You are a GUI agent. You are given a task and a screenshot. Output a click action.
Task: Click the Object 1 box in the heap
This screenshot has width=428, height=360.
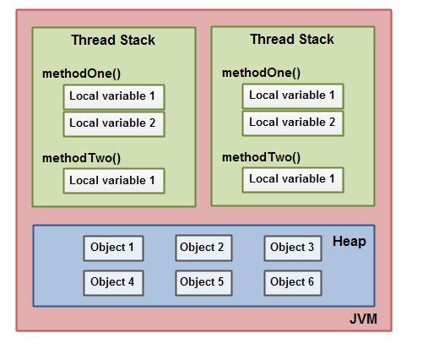coord(113,248)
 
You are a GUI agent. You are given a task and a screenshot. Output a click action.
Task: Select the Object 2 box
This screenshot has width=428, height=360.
coord(203,248)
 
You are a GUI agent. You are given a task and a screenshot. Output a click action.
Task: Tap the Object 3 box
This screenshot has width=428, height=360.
coord(293,248)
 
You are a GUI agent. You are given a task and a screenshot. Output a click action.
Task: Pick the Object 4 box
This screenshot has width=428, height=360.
coord(113,282)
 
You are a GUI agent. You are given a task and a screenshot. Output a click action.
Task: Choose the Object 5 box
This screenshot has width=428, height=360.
coord(203,282)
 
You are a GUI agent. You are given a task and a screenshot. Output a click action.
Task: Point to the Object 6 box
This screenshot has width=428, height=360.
coord(293,282)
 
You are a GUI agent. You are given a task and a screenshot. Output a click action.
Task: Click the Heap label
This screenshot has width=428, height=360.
coord(349,242)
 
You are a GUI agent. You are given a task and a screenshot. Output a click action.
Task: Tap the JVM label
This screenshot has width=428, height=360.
coord(363,319)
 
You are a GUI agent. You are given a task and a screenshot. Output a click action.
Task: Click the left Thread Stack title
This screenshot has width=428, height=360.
coord(113,41)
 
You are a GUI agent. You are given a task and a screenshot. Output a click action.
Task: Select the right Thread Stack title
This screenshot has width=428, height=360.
coord(292,40)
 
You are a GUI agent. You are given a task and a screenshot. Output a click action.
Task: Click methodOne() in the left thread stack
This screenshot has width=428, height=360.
coord(82,74)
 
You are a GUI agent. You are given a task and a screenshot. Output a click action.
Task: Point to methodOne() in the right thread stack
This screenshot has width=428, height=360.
coord(261,73)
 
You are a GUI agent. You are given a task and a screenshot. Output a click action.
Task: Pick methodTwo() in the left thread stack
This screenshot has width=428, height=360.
coord(82,157)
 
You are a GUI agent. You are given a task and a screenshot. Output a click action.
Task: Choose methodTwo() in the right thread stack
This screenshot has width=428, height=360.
coord(261,156)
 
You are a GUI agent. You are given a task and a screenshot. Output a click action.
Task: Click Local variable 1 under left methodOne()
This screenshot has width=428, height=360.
coord(113,97)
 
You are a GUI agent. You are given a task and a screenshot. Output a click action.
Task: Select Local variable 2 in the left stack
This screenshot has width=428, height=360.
coord(113,123)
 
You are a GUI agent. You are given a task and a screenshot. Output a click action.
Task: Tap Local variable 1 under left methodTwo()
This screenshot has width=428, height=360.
coord(113,180)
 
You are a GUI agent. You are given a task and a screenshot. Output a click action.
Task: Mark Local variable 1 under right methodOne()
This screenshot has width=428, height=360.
coord(293,95)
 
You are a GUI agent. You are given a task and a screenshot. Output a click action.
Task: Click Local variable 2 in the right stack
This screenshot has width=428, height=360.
coord(293,123)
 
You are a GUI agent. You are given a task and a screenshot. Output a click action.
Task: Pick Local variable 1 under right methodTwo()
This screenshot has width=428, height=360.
coord(293,179)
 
